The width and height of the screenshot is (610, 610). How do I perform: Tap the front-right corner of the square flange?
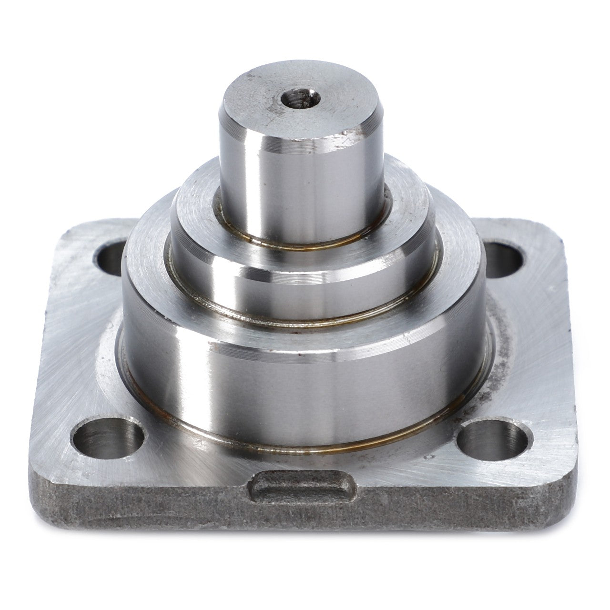click(x=560, y=491)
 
